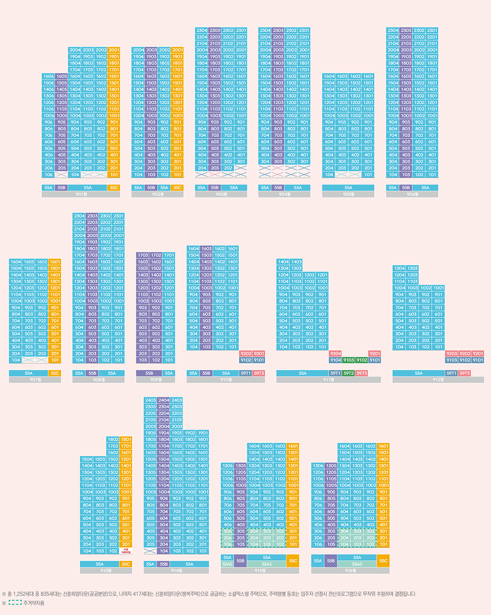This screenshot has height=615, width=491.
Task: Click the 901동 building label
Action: coord(81,194)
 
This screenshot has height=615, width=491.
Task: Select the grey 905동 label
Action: coord(348,194)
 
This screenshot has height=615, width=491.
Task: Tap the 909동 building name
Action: coord(155,380)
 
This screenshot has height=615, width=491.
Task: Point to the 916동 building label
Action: coord(350,570)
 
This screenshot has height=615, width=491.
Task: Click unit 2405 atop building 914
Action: coord(151,400)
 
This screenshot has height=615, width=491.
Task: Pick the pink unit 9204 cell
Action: coord(336,353)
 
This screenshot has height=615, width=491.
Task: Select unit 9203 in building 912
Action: coord(452,353)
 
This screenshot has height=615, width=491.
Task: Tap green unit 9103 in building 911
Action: coord(349,360)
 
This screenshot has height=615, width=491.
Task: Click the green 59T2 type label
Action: coord(349,373)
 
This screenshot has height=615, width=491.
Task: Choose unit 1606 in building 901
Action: coord(49,76)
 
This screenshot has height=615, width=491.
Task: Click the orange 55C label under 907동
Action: coord(54,373)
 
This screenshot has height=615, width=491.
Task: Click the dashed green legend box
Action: coord(15,603)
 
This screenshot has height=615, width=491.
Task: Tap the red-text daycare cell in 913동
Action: coord(125,551)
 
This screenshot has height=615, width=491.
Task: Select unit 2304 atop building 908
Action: coord(79,216)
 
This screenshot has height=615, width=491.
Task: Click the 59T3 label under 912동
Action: coord(464,373)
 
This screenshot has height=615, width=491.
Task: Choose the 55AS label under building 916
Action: coord(357,563)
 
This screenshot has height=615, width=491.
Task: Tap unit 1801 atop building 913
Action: coord(125,439)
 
